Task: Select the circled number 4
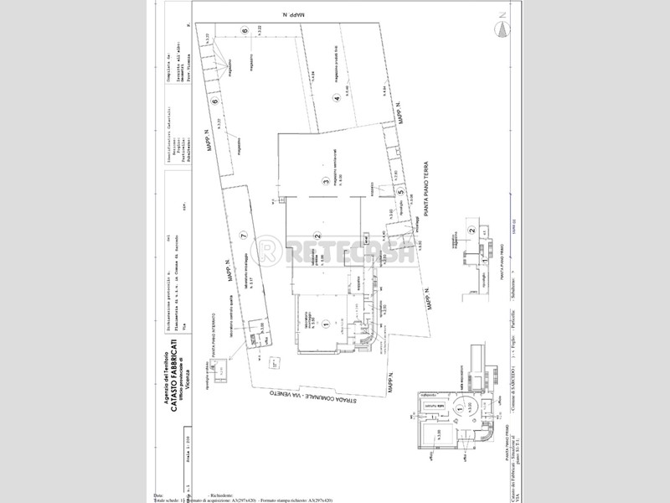coord(337,98)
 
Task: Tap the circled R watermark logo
coord(269,251)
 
